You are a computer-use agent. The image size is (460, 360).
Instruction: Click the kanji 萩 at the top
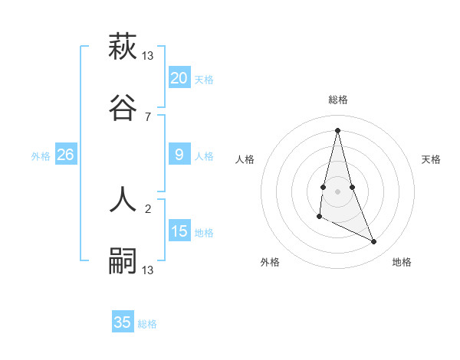click(x=123, y=47)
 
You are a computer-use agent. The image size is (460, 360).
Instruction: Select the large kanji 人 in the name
click(x=123, y=200)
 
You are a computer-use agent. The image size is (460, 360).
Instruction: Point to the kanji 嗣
click(x=123, y=261)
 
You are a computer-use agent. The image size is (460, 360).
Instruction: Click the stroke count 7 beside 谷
click(x=148, y=116)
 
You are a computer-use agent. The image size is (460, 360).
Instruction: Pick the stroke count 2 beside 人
click(x=148, y=208)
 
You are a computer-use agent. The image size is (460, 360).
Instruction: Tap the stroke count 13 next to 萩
click(x=148, y=55)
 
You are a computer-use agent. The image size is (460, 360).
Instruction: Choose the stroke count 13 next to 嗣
click(x=148, y=270)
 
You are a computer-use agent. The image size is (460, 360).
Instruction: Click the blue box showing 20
click(x=179, y=77)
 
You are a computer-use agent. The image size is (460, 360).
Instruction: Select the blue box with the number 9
click(x=179, y=155)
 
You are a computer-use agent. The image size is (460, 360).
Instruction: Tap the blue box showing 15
click(x=179, y=231)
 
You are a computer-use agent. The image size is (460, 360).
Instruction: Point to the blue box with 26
click(x=65, y=155)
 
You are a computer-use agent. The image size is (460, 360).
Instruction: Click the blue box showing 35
click(x=123, y=322)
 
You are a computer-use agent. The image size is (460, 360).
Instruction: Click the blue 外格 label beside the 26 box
click(x=41, y=156)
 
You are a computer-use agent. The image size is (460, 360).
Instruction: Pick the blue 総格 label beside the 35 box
click(x=147, y=324)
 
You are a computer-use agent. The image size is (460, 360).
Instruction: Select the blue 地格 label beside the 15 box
click(x=204, y=233)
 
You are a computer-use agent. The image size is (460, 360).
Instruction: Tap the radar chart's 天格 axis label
click(x=431, y=159)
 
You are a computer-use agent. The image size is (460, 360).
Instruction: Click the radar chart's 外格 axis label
click(x=270, y=262)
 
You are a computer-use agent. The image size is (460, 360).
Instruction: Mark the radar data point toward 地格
click(x=374, y=242)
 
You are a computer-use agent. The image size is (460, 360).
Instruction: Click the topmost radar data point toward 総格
click(x=337, y=130)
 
